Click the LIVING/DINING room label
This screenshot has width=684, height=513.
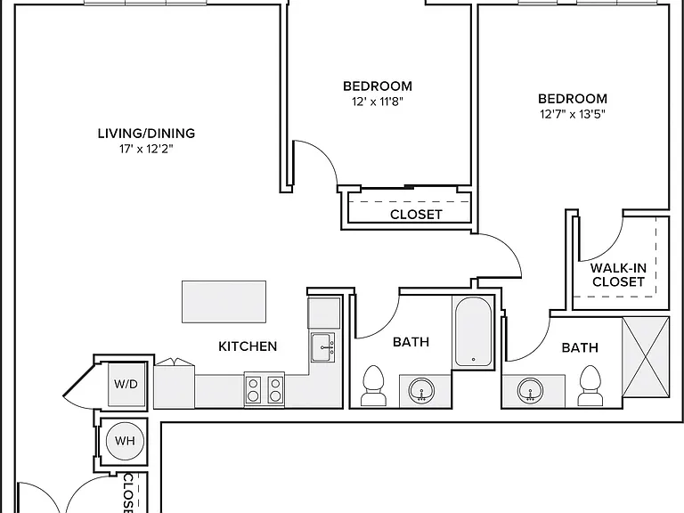(x=146, y=133)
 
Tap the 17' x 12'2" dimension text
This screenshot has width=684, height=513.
(x=147, y=150)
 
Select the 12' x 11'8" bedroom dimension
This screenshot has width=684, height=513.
(x=378, y=102)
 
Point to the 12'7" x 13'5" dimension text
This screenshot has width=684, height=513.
(x=573, y=114)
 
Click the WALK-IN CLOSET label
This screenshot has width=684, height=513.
(x=618, y=275)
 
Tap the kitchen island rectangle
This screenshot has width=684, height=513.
(x=224, y=302)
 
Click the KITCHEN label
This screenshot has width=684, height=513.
(x=248, y=346)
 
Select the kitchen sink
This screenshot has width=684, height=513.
(x=322, y=347)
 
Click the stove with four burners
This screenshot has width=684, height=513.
(x=265, y=389)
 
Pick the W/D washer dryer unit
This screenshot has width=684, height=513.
(x=126, y=385)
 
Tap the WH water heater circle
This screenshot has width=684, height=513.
(x=125, y=441)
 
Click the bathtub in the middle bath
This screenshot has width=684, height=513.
(x=473, y=332)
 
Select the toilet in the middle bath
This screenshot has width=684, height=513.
(x=373, y=385)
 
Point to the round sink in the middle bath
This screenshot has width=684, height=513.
(x=421, y=390)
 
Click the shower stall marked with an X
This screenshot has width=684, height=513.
(x=646, y=357)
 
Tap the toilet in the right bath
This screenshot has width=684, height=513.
(x=590, y=385)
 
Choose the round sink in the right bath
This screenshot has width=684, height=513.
(x=531, y=390)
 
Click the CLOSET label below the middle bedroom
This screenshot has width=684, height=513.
(x=416, y=215)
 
